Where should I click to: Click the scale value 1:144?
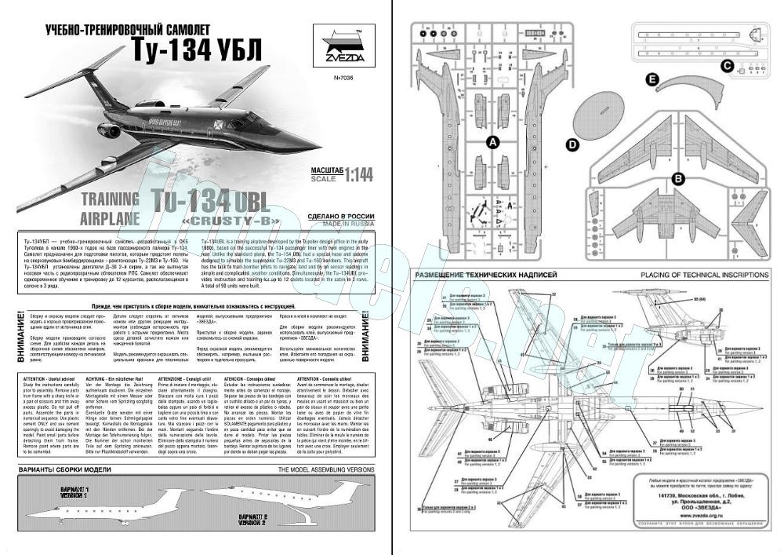click(347, 172)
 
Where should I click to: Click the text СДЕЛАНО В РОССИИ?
click(339, 215)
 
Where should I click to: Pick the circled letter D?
click(572, 145)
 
